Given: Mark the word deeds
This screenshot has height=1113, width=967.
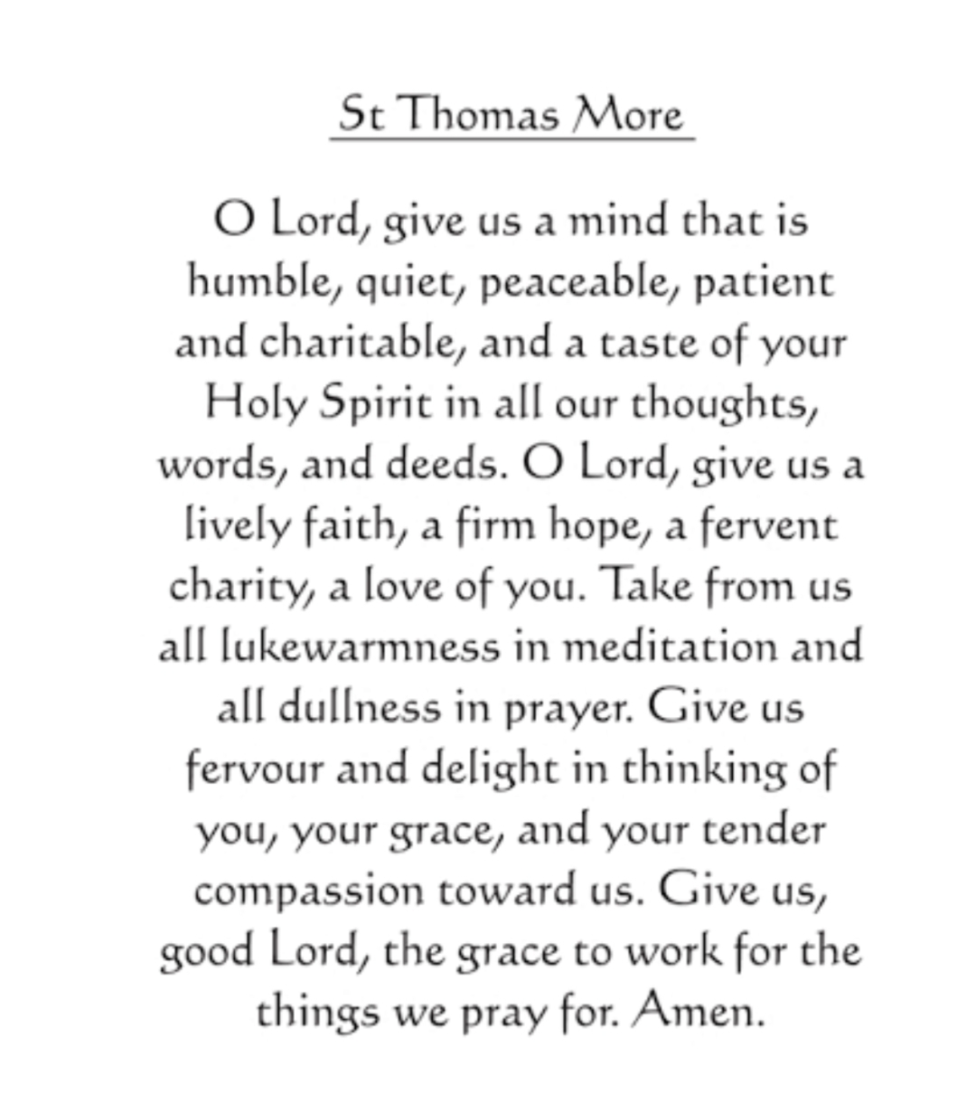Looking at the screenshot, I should tap(442, 465).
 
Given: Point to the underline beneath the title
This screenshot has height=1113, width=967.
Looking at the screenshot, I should tap(512, 139).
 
